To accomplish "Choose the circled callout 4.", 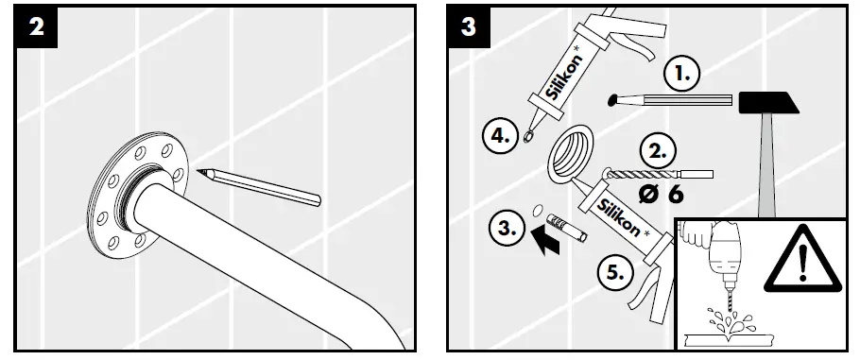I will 500,135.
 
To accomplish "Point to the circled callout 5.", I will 616,274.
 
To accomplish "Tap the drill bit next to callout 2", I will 652,175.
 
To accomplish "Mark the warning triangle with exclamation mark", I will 799,256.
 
